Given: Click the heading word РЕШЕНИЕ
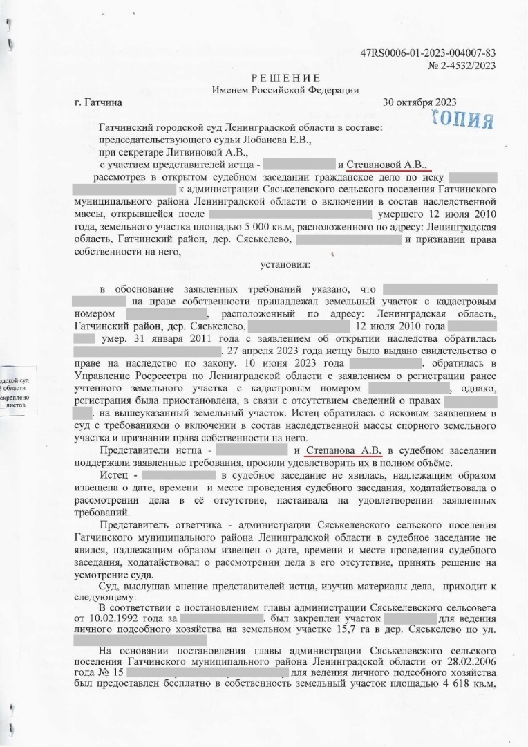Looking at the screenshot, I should (x=285, y=77).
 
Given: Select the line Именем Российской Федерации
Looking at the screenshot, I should (x=285, y=90).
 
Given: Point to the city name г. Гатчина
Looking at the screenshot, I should (x=98, y=102).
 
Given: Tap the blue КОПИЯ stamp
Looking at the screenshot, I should (x=461, y=119).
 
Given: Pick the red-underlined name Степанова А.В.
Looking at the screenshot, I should (x=343, y=450).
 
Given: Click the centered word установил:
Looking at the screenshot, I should (x=285, y=264).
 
